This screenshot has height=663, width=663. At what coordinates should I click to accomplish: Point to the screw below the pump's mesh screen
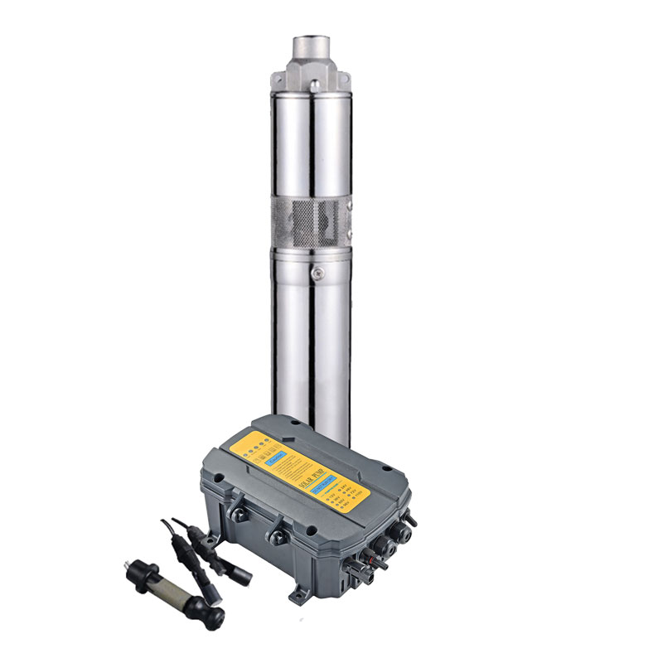(x=314, y=269)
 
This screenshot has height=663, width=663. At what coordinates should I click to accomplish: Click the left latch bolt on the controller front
(x=237, y=514)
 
